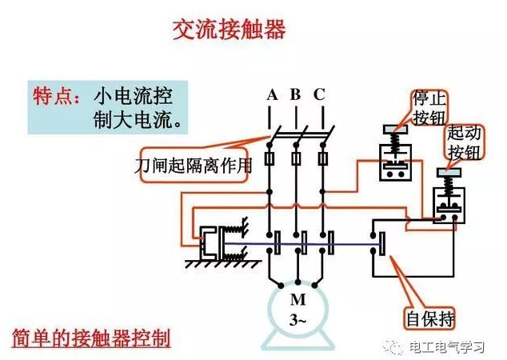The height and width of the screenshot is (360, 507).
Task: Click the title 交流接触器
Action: click(230, 31)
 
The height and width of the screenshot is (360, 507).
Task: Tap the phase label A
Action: click(272, 95)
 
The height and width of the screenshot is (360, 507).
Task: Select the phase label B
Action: click(295, 95)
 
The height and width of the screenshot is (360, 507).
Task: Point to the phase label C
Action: click(319, 95)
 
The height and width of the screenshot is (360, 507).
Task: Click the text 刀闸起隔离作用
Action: click(194, 166)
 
